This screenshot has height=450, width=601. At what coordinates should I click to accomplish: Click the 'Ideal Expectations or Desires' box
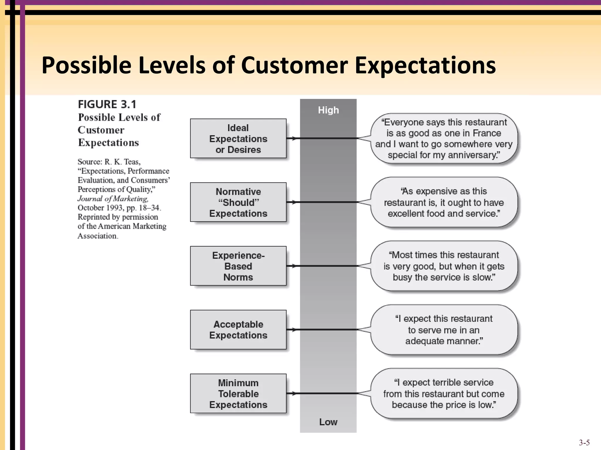(238, 139)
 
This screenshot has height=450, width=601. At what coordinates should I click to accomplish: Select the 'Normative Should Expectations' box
(238, 202)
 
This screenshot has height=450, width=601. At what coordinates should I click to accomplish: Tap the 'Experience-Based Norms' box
(238, 266)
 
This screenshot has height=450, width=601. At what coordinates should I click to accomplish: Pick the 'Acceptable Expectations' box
(238, 330)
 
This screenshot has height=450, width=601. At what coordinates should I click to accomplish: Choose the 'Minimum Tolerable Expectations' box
(238, 393)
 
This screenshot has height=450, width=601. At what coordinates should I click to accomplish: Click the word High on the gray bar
(328, 110)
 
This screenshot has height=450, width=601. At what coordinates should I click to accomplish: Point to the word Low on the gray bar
(328, 422)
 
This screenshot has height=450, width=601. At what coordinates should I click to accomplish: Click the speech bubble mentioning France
(444, 139)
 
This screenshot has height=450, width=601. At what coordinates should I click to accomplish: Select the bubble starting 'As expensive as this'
(444, 202)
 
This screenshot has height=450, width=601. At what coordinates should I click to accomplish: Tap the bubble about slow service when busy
(444, 266)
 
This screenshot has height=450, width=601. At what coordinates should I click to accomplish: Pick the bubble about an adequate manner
(444, 330)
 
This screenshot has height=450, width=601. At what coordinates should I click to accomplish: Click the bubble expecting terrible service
(444, 393)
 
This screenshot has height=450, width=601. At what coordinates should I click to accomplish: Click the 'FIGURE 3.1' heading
(107, 104)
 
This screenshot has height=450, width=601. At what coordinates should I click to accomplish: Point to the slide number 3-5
(584, 442)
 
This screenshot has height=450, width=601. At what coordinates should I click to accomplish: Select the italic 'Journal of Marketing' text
(113, 199)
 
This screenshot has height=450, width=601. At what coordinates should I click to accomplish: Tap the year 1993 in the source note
(115, 208)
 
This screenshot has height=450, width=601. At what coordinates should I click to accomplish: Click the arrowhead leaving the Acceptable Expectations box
(293, 330)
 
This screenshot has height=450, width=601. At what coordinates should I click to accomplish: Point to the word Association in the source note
(98, 236)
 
